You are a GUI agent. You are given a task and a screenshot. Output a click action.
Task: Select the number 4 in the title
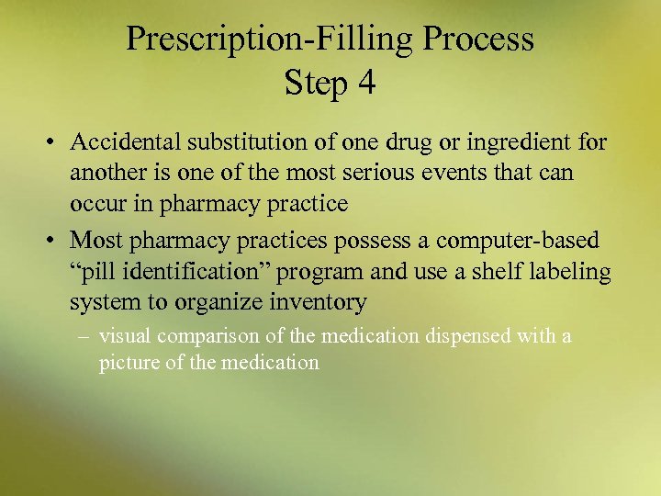coord(366,84)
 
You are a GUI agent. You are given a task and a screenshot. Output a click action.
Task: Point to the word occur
coord(96,204)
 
